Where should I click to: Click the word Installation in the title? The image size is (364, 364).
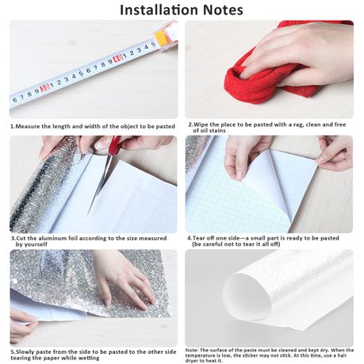tap(159, 10)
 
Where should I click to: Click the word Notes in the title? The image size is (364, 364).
tap(223, 10)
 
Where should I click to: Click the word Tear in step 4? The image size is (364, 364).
tap(199, 238)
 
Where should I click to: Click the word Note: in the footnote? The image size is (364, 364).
tap(192, 351)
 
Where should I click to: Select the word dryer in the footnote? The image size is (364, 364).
tap(192, 361)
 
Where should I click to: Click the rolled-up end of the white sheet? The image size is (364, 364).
tap(246, 296)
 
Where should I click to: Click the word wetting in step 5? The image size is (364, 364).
tap(89, 358)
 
